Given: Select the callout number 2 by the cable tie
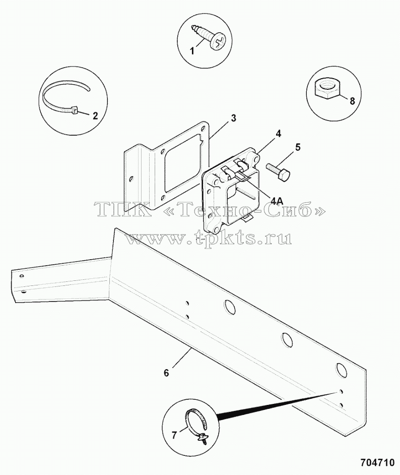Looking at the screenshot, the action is [95, 115].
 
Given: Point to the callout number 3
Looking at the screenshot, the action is [233, 118].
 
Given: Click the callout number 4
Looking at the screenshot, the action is [279, 133].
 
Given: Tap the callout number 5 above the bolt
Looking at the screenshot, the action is [298, 148].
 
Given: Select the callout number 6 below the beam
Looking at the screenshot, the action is [166, 373].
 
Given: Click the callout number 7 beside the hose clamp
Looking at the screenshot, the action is [174, 436].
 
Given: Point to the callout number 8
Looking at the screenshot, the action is [352, 101].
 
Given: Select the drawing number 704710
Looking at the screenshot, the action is [378, 462].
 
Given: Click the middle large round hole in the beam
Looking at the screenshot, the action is [287, 339].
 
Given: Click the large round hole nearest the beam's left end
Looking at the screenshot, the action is [230, 307].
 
